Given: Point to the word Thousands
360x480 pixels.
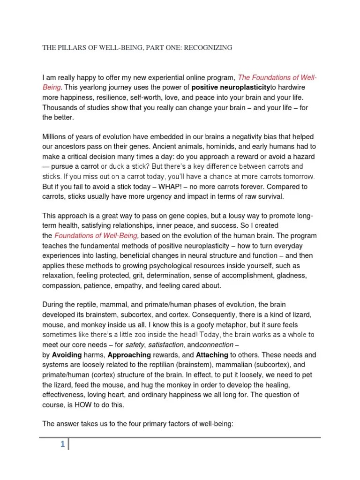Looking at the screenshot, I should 60,108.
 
